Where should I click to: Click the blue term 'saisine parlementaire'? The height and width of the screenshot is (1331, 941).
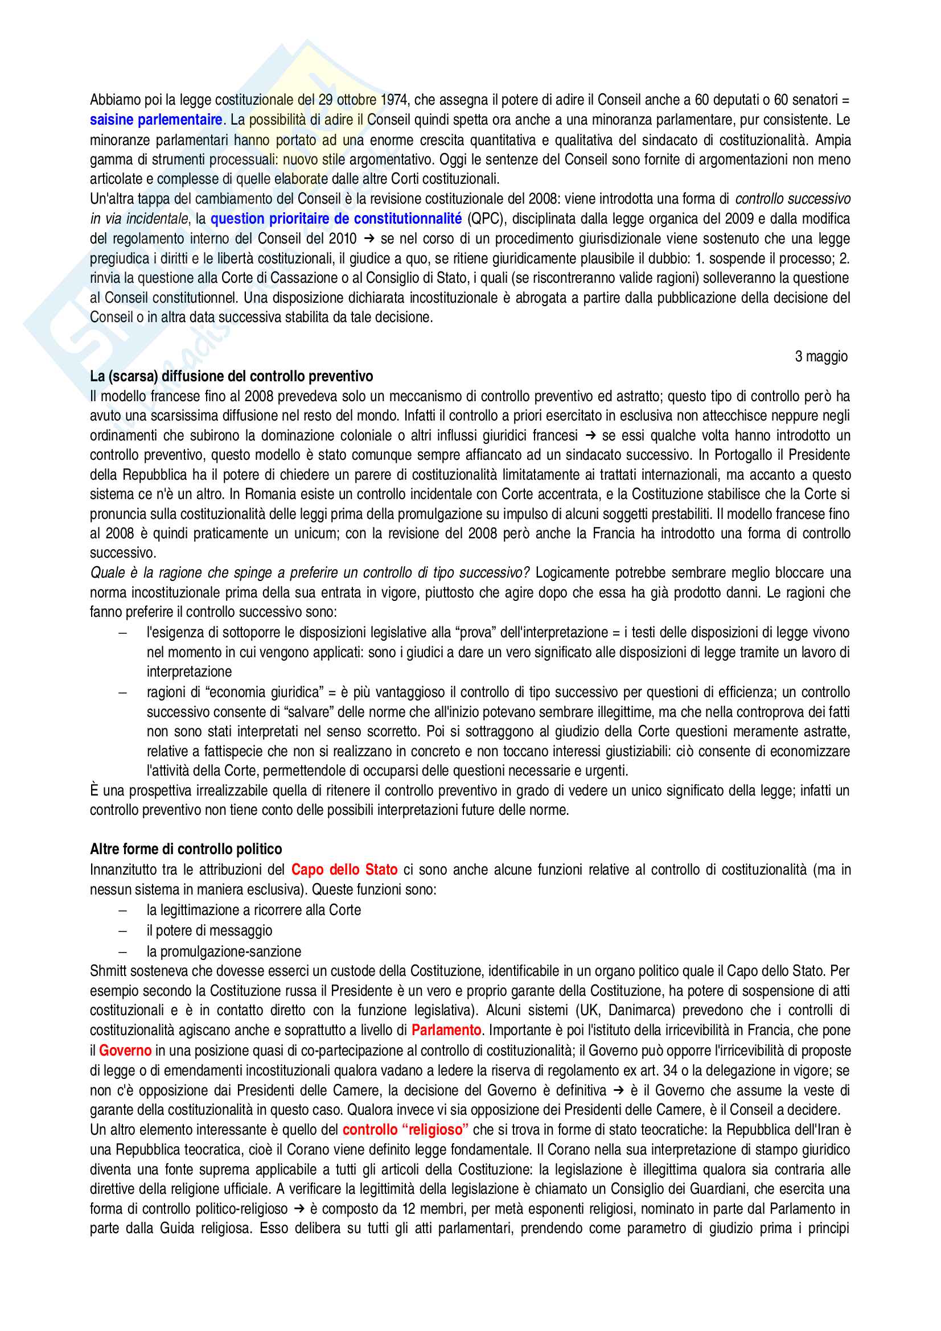tap(155, 120)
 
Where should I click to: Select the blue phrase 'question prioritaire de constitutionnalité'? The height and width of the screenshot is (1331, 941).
tap(336, 219)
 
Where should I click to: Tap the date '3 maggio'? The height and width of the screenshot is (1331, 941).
tap(821, 357)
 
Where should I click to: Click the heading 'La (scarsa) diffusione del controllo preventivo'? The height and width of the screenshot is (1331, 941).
tap(231, 376)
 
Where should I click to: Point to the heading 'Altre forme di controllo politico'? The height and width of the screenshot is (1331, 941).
tap(186, 849)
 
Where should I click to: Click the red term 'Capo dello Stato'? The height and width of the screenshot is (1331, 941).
tap(344, 870)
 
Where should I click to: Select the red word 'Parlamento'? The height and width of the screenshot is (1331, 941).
tap(446, 1030)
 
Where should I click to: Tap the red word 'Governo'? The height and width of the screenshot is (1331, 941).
tap(125, 1050)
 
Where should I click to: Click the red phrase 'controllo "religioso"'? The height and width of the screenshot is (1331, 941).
tap(405, 1130)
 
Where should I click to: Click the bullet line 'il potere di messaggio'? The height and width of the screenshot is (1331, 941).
tap(209, 930)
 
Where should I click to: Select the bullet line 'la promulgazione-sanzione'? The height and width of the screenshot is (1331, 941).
tap(224, 951)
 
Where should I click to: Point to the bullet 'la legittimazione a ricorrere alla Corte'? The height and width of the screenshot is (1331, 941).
tap(253, 910)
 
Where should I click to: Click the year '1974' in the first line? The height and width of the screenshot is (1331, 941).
tap(395, 100)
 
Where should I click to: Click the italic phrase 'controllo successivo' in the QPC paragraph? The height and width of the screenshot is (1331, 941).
tap(792, 199)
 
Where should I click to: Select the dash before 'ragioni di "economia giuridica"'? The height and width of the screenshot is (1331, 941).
tap(122, 692)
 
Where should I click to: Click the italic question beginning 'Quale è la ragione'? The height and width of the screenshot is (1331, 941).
tap(310, 573)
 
